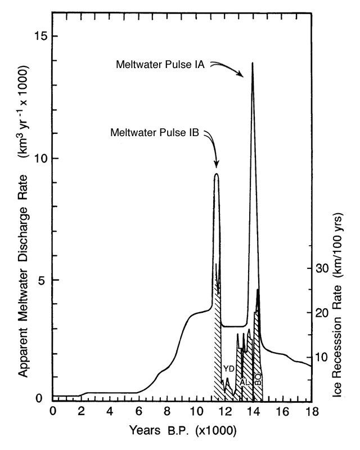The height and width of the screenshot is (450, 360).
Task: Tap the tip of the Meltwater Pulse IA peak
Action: pyautogui.click(x=253, y=62)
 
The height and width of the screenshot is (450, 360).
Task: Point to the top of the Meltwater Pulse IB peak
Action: pyautogui.click(x=216, y=174)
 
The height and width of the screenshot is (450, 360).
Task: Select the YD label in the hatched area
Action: pyautogui.click(x=228, y=368)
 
